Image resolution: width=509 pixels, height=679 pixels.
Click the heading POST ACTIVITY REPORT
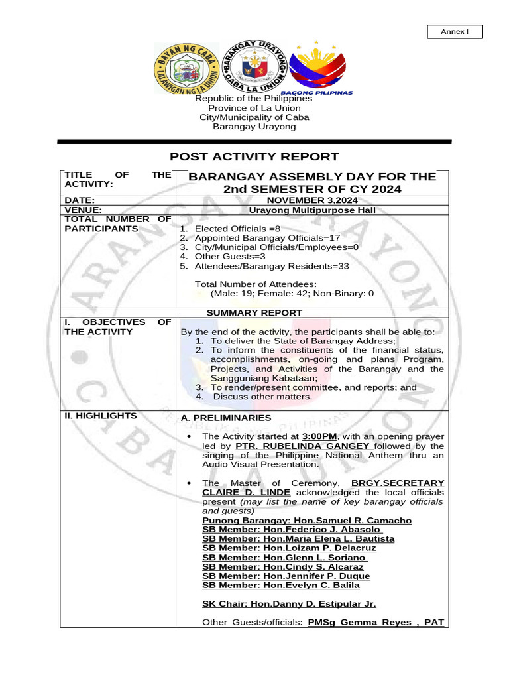point(254,157)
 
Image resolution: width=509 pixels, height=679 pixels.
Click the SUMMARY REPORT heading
point(254,312)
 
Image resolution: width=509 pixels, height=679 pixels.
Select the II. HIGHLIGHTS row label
point(100,416)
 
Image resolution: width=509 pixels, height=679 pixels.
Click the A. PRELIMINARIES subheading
point(226,418)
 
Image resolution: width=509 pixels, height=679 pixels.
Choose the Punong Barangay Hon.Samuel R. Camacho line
point(306,521)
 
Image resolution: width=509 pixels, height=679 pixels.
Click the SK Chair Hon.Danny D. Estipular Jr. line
point(289,604)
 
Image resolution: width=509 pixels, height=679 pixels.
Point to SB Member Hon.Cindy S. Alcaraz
point(282,567)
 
